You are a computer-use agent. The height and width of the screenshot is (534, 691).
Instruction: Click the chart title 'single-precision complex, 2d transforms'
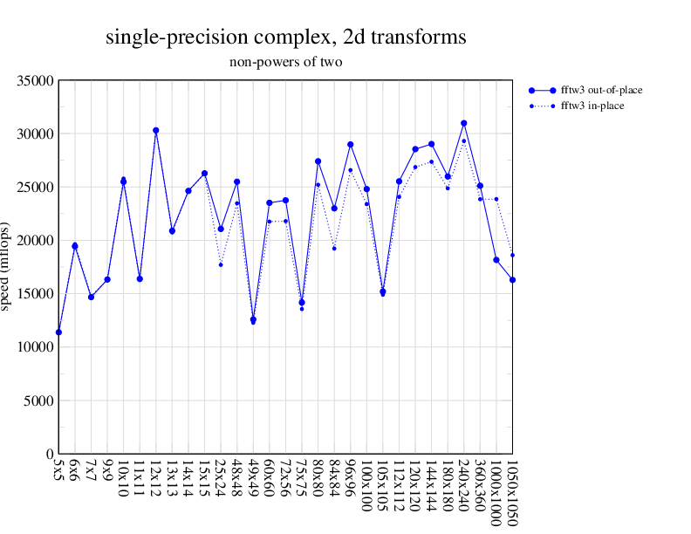coord(285,38)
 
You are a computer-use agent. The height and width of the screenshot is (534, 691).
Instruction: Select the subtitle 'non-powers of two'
coord(285,62)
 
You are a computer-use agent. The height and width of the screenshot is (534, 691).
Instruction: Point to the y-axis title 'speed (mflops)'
coord(9,267)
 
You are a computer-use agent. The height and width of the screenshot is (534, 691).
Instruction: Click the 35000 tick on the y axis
coord(38,81)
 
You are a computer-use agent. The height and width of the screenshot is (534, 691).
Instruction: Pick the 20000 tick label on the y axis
coord(38,241)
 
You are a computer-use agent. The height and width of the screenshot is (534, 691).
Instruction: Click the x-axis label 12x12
coord(156,478)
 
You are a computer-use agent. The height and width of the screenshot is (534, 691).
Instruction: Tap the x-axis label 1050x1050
coord(513,493)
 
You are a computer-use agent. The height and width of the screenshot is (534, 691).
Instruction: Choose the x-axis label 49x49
coord(253,478)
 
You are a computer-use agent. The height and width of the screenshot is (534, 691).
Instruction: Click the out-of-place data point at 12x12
coord(156,130)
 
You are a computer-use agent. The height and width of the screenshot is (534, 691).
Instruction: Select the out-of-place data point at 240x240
coord(464,123)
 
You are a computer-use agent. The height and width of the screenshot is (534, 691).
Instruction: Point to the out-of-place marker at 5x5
coord(58,332)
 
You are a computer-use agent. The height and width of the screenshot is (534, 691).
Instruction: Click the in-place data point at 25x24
coord(221,264)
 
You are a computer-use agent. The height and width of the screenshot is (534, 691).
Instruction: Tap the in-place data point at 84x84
coord(334,249)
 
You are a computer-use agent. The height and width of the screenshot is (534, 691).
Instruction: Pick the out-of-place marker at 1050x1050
coord(513,279)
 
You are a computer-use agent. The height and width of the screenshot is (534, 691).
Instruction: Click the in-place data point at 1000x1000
coord(496,199)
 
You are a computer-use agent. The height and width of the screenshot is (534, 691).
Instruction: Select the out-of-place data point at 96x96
coord(351,144)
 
